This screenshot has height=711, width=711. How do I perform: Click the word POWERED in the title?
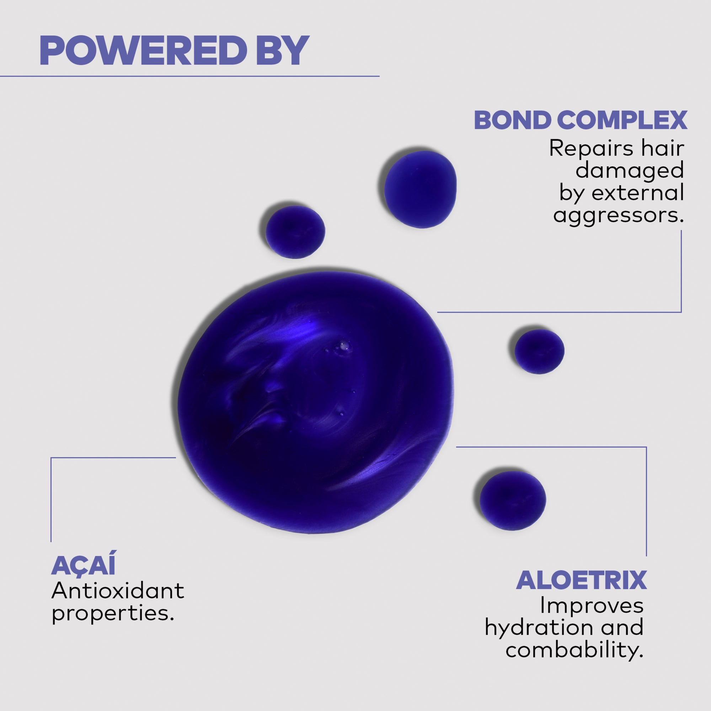(143, 50)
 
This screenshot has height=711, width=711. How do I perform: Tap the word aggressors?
(618, 216)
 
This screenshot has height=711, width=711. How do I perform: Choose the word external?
(638, 192)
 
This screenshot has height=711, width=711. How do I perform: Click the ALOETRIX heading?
(581, 581)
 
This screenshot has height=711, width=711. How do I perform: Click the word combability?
(574, 650)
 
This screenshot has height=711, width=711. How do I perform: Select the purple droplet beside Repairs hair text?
(420, 189)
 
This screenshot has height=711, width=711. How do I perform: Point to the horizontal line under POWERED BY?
(189, 76)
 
